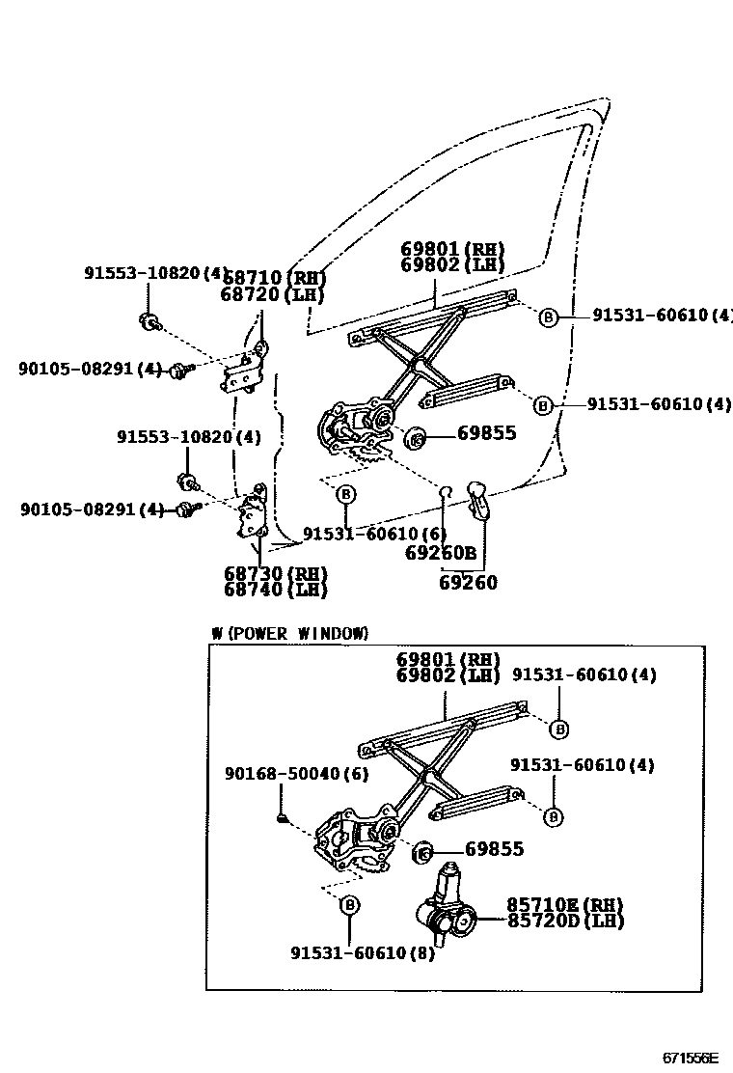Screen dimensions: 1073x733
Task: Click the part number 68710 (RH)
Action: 273,278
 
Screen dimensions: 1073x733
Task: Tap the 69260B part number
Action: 441,553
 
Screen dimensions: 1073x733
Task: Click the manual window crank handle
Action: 478,500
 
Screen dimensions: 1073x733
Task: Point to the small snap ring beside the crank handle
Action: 447,494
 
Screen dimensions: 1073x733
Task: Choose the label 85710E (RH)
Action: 564,904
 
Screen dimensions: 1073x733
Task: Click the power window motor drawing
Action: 448,909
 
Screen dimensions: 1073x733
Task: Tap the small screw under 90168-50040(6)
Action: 282,819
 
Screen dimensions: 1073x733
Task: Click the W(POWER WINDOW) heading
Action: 289,633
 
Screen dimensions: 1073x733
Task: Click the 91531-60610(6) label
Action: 374,534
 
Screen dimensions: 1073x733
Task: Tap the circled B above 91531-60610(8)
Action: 349,905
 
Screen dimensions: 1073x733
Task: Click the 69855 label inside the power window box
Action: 494,849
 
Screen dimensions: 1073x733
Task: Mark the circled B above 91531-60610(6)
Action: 345,494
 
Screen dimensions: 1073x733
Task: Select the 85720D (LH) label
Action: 565,921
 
